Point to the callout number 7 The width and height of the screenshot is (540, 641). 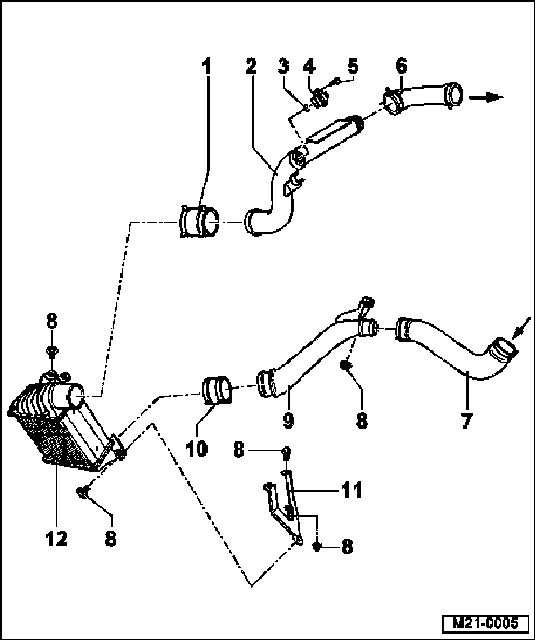(466, 421)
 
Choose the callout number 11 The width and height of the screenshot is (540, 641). (352, 490)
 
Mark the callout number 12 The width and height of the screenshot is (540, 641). (57, 539)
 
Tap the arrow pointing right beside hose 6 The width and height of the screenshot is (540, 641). (487, 97)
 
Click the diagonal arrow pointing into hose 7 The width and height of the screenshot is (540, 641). (522, 326)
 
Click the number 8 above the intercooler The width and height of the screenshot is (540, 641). (51, 322)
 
